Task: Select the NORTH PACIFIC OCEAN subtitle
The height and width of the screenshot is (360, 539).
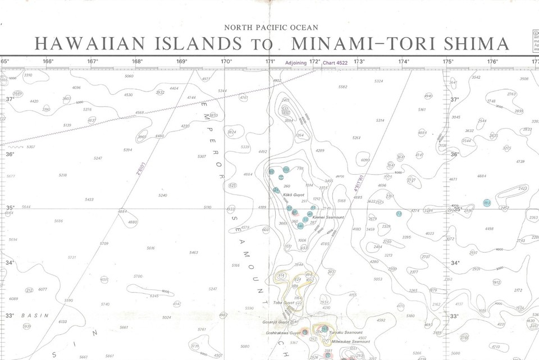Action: [x=271, y=28]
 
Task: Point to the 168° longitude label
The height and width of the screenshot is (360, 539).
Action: [x=137, y=62]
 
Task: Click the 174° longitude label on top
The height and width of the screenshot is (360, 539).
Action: [x=403, y=62]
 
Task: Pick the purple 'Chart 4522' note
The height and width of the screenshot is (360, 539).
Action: [x=335, y=63]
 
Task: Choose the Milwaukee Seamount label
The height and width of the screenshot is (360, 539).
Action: [x=351, y=341]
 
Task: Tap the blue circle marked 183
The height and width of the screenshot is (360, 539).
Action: [x=486, y=203]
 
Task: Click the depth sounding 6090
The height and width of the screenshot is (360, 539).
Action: [x=366, y=160]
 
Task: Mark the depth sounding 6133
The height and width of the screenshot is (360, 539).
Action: [x=63, y=322]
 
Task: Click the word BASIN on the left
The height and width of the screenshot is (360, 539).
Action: [x=35, y=316]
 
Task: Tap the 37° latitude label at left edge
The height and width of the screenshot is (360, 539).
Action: [x=10, y=99]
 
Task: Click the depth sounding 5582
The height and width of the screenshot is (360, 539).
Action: [x=343, y=87]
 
